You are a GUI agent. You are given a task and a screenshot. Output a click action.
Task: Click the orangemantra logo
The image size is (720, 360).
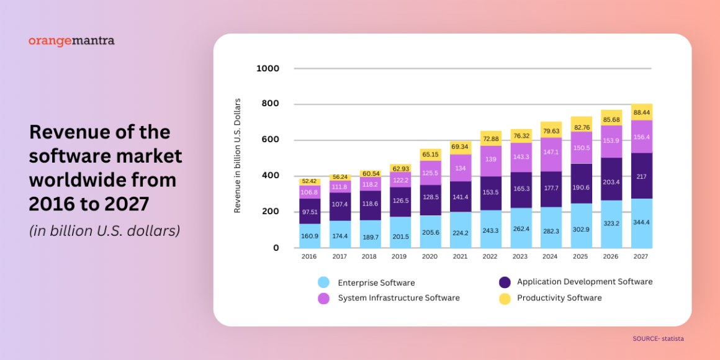(x=71, y=41)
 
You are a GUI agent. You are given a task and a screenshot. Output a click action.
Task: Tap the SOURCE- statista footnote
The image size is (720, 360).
(x=658, y=339)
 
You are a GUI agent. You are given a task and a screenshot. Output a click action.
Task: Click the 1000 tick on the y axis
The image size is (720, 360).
(x=268, y=68)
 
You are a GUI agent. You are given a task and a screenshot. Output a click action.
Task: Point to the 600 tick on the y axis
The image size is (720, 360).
(x=270, y=140)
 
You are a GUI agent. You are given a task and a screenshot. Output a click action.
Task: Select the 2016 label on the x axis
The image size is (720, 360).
(x=309, y=256)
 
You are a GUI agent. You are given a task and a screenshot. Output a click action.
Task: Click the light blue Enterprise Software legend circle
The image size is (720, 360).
(x=323, y=282)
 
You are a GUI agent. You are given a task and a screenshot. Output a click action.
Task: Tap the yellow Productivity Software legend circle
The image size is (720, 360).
(x=505, y=299)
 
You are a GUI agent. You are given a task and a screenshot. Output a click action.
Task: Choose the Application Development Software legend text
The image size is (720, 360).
(x=585, y=282)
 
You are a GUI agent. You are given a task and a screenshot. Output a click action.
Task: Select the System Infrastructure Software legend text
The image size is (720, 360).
(x=398, y=298)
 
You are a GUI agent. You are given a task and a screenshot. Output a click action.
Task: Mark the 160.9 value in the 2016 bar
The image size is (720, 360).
(x=309, y=236)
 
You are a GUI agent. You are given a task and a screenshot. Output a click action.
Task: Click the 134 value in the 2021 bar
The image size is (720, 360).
(x=460, y=168)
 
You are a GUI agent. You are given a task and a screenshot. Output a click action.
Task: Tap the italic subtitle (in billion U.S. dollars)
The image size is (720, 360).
(x=105, y=231)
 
